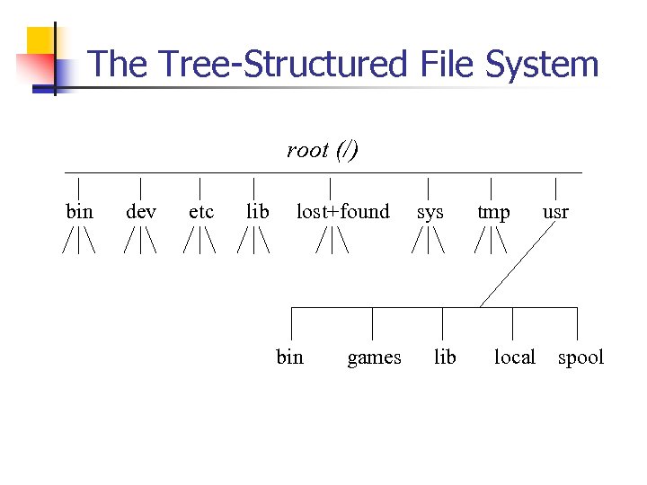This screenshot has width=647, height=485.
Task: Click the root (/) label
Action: pyautogui.click(x=323, y=150)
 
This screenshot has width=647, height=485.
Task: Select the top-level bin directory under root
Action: pyautogui.click(x=80, y=212)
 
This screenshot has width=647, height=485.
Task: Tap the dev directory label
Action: pyautogui.click(x=141, y=212)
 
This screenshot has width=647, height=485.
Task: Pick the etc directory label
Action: pyautogui.click(x=201, y=212)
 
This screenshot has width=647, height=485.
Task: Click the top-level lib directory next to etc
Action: pyautogui.click(x=257, y=212)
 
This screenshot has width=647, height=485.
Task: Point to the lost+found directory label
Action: pyautogui.click(x=342, y=212)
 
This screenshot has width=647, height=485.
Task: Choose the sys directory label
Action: pyautogui.click(x=430, y=212)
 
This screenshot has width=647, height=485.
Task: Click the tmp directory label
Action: pyautogui.click(x=493, y=213)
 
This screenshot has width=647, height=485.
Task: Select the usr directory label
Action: pyautogui.click(x=555, y=212)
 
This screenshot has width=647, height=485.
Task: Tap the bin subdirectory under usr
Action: pyautogui.click(x=289, y=357)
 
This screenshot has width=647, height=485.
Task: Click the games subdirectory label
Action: pyautogui.click(x=374, y=358)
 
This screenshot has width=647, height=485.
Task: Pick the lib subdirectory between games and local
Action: pyautogui.click(x=445, y=357)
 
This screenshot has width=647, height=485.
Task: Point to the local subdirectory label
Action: pyautogui.click(x=514, y=357)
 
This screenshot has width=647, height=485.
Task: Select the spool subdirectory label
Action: pyautogui.click(x=581, y=358)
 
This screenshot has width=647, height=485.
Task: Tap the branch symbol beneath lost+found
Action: pyautogui.click(x=332, y=242)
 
